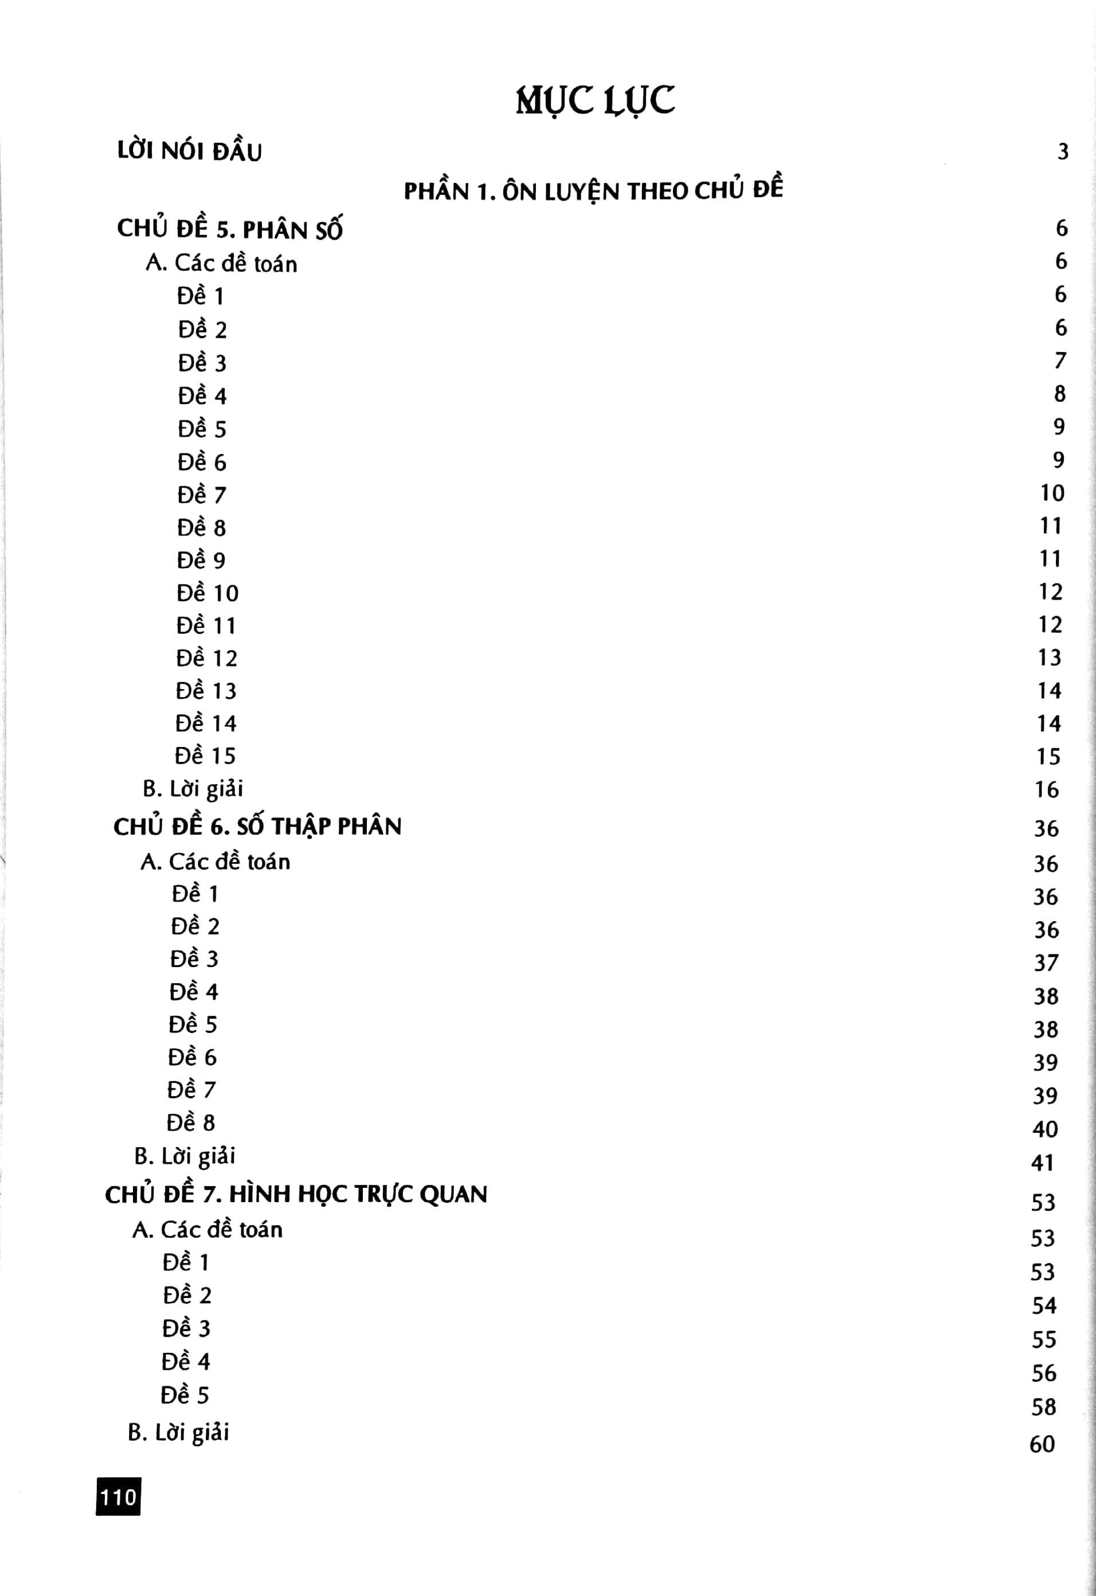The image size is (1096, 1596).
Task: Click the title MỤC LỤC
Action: click(594, 101)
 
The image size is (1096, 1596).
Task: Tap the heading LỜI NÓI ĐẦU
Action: click(190, 151)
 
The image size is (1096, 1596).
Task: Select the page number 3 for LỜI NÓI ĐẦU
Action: click(1062, 151)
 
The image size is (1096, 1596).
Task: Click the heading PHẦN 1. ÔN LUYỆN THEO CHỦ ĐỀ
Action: click(593, 190)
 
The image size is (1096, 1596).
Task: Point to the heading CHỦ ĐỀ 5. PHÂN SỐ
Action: click(229, 229)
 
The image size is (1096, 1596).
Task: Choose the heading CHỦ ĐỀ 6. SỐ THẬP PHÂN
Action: click(257, 826)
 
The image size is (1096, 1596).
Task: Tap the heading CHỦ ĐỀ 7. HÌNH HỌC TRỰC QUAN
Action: click(296, 1194)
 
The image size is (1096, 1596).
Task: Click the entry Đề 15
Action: click(205, 756)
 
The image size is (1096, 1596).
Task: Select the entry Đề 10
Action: click(208, 593)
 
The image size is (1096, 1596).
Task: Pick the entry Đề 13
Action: click(206, 690)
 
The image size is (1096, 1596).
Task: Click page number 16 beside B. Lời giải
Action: click(1047, 790)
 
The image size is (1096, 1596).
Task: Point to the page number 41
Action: click(1043, 1163)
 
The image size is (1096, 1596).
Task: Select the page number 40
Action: click(1044, 1129)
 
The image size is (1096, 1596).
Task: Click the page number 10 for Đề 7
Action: click(1052, 492)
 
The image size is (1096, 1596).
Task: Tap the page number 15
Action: click(1048, 757)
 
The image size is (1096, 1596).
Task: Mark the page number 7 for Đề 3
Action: click(1060, 361)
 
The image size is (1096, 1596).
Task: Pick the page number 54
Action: click(1044, 1305)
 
